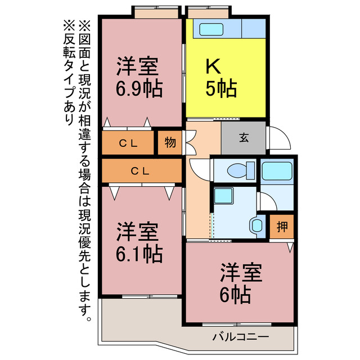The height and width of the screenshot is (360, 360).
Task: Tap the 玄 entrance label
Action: tap(244, 137)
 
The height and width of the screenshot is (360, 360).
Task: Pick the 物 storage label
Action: tap(170, 142)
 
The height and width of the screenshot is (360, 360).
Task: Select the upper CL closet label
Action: tap(128, 143)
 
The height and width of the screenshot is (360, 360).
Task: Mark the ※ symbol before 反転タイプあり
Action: tap(69, 25)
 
